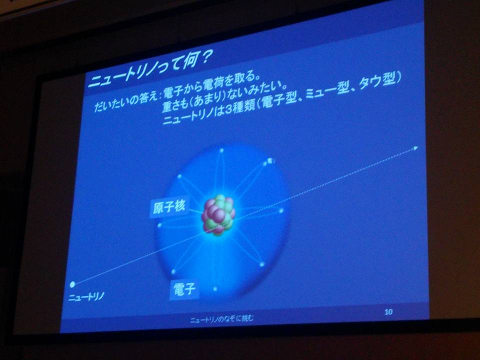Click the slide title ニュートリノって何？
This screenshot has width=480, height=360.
pyautogui.click(x=149, y=69)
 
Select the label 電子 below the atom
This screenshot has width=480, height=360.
pyautogui.click(x=184, y=289)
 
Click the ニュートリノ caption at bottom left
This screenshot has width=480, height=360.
pyautogui.click(x=86, y=296)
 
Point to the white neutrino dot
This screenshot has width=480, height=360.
pyautogui.click(x=72, y=284)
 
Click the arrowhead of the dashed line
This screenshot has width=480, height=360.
pyautogui.click(x=415, y=148)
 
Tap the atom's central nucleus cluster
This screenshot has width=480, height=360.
pyautogui.click(x=218, y=215)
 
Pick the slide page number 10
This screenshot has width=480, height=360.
pyautogui.click(x=388, y=312)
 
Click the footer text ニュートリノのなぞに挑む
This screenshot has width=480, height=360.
pyautogui.click(x=221, y=319)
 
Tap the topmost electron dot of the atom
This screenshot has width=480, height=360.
pyautogui.click(x=221, y=150)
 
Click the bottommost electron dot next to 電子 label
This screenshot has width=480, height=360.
pyautogui.click(x=215, y=288)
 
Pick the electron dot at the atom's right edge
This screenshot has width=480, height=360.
pyautogui.click(x=281, y=210)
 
